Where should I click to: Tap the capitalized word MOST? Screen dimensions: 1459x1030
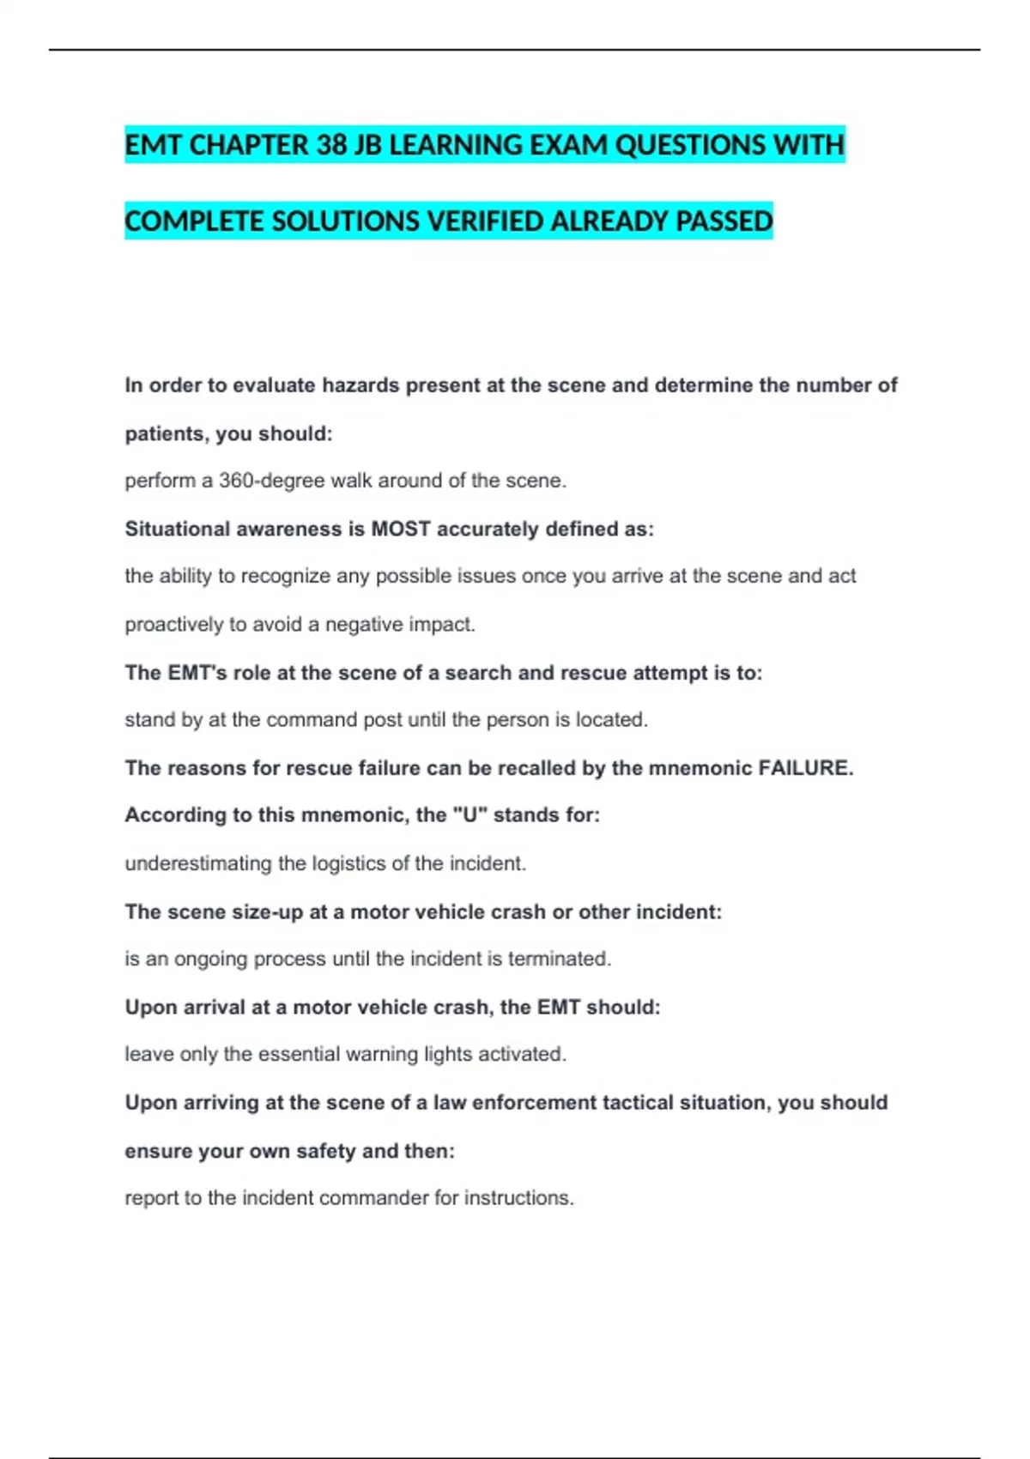[400, 529]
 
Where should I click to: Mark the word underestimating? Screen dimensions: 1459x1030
[197, 863]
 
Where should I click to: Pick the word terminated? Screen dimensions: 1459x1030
[559, 959]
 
